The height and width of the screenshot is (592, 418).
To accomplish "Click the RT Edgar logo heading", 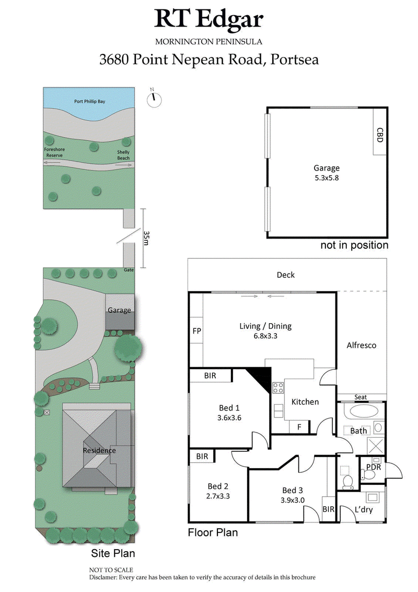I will click(209, 20).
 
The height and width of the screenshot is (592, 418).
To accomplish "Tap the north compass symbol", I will click(155, 99).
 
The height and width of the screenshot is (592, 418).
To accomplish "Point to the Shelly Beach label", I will click(123, 155).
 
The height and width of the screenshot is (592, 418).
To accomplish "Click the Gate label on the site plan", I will click(129, 270).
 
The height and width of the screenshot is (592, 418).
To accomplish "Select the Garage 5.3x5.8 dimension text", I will click(327, 178).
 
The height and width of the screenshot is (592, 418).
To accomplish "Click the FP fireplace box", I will click(197, 331).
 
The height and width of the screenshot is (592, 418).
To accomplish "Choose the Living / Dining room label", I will click(265, 326).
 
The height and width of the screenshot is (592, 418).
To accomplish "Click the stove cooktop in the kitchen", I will click(278, 388).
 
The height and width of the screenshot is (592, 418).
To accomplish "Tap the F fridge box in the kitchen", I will click(299, 427).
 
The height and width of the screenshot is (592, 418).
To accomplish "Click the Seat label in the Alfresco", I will click(361, 397).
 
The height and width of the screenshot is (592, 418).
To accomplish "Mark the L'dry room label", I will click(364, 509).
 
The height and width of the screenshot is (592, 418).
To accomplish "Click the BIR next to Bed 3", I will click(328, 508).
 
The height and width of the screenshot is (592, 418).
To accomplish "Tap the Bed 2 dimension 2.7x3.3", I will click(219, 495).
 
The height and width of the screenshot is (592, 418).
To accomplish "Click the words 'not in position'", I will click(354, 245).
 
